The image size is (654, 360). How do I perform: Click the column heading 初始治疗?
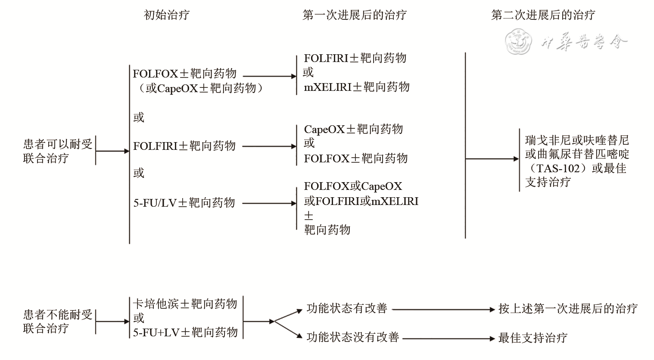pyautogui.click(x=166, y=16)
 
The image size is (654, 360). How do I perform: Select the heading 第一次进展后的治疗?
pyautogui.click(x=354, y=16)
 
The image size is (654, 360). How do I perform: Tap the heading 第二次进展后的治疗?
pyautogui.click(x=543, y=16)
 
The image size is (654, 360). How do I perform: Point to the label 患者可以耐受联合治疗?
pyautogui.click(x=58, y=151)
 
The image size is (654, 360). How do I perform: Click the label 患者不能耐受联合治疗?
pyautogui.click(x=58, y=322)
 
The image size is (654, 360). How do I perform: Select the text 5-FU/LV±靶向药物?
pyautogui.click(x=184, y=202)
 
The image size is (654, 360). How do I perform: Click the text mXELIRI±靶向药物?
pyautogui.click(x=357, y=87)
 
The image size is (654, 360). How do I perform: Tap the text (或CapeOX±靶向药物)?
pyautogui.click(x=198, y=88)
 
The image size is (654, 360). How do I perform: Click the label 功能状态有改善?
pyautogui.click(x=347, y=308)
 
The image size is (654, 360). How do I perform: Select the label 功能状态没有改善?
pyautogui.click(x=353, y=337)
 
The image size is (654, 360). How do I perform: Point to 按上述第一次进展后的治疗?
pyautogui.click(x=568, y=308)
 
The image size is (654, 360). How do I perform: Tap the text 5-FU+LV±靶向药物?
pyautogui.click(x=185, y=332)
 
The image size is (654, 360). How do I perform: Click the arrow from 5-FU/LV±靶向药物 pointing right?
pyautogui.click(x=269, y=203)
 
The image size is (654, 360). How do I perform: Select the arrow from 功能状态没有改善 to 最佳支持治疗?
pyautogui.click(x=448, y=338)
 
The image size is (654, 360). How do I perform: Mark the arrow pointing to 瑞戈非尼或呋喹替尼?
pyautogui.click(x=492, y=159)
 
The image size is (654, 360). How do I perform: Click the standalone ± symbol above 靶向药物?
pyautogui.click(x=309, y=216)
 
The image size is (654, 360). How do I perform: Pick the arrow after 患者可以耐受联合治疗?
pyautogui.click(x=112, y=151)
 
